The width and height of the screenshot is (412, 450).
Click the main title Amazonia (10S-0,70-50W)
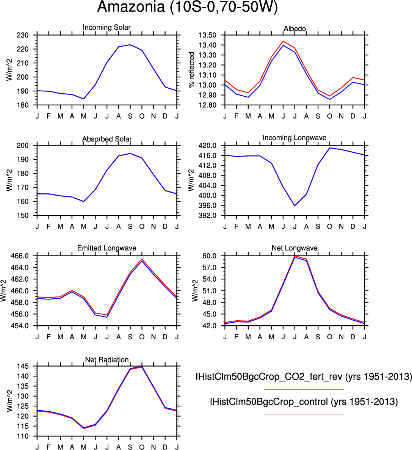[x=188, y=7]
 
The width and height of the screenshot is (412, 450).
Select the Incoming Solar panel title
[x=107, y=27]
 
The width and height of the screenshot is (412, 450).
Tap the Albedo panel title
[x=295, y=29]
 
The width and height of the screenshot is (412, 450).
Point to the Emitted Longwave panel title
[x=107, y=248]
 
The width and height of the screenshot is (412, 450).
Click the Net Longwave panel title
[x=295, y=248]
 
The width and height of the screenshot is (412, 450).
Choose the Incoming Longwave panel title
[x=295, y=138]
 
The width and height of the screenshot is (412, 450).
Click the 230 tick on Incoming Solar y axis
[x=23, y=35]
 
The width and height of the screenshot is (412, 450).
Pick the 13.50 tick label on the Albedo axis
[x=207, y=35]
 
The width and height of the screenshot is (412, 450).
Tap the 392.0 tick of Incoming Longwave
[x=207, y=215]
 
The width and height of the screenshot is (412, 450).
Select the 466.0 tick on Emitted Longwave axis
[x=19, y=256]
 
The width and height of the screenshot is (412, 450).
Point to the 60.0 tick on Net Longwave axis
[x=210, y=256]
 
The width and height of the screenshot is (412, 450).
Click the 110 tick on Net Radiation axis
[x=23, y=436]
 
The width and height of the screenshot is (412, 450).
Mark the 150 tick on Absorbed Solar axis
[x=23, y=215]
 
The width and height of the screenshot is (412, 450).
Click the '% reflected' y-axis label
[x=191, y=70]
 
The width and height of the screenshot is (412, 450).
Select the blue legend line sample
[x=304, y=390]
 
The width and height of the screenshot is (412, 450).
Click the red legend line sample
[x=304, y=415]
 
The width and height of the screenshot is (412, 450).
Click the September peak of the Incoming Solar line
[x=130, y=45]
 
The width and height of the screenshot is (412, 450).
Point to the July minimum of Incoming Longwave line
[x=295, y=205]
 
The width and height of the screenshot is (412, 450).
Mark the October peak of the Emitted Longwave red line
[x=142, y=259]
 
